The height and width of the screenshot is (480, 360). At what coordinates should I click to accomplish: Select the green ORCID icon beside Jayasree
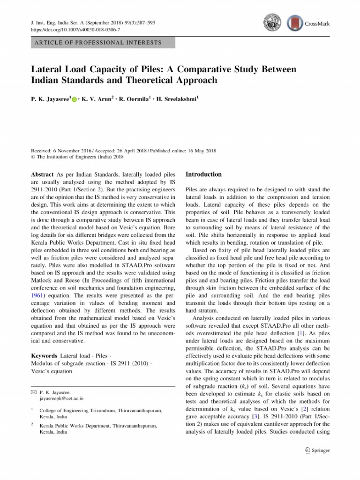(75, 100)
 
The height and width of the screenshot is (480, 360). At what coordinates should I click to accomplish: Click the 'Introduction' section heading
(203, 174)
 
